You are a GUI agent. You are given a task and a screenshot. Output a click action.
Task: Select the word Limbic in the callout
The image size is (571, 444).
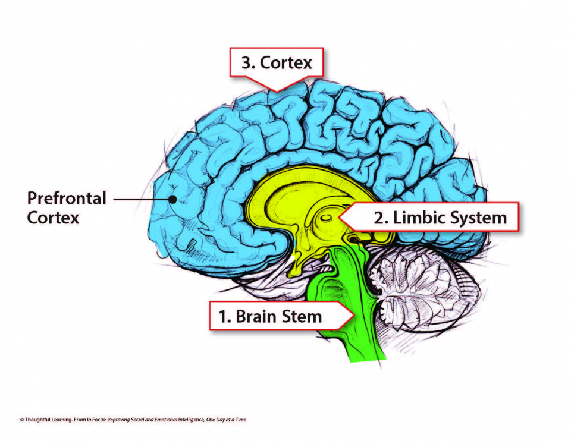(412, 217)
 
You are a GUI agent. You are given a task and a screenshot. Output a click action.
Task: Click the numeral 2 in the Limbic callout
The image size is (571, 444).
(379, 217)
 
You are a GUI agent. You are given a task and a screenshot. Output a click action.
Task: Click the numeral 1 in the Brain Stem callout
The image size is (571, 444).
(224, 316)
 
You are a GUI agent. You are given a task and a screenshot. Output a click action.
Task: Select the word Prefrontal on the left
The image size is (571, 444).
(67, 198)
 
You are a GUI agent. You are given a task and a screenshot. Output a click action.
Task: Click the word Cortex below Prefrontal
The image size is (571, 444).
(53, 218)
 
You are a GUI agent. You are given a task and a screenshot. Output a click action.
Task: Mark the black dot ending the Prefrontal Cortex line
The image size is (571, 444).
(173, 200)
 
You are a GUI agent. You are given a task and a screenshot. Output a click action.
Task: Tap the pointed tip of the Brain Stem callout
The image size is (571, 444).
(356, 316)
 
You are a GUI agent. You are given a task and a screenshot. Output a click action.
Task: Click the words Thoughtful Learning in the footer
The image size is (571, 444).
(45, 420)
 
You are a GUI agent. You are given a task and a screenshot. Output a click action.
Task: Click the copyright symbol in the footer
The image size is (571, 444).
(21, 420)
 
